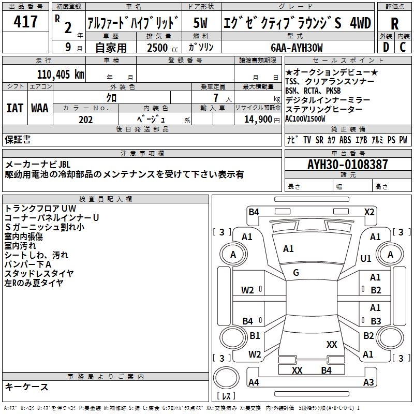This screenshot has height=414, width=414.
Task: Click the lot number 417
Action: coord(26,22)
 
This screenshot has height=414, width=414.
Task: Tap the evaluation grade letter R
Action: coord(394,24)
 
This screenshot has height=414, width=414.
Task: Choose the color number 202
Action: coord(86,120)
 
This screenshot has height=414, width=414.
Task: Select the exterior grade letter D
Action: coord(385,47)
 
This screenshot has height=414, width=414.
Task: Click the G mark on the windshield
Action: coord(296,273)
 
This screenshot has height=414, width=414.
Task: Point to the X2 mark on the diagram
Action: coord(369,212)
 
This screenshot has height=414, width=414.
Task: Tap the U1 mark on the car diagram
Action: coord(366,258)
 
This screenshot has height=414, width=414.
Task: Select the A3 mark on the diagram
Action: coord(368,382)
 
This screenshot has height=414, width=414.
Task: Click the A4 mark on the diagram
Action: coord(254,382)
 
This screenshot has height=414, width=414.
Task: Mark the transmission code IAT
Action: coord(15,108)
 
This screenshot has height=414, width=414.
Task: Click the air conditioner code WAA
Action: coord(39,108)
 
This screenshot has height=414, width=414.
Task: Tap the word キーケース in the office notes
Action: coord(27,387)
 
